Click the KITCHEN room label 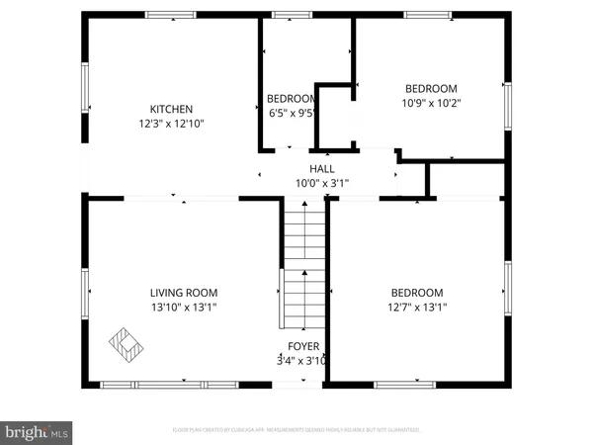(171, 109)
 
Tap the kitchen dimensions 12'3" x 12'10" (171, 124)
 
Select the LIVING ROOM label (183, 293)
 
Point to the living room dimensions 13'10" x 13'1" (183, 308)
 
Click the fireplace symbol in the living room (124, 343)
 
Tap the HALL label (322, 169)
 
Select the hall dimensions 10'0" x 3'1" (322, 183)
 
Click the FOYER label (303, 346)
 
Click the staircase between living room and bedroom (304, 262)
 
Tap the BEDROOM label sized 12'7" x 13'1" (416, 293)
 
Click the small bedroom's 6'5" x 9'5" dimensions (292, 113)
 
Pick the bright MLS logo (37, 432)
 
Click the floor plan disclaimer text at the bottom (296, 430)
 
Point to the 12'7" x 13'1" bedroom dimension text (416, 308)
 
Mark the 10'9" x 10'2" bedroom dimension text (431, 102)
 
